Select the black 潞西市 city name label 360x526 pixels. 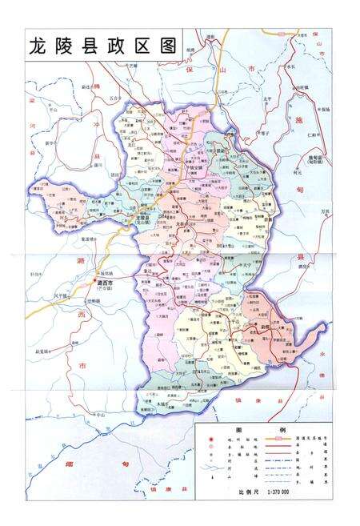[x=106, y=281]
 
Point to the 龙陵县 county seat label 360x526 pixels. [x=144, y=217]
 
